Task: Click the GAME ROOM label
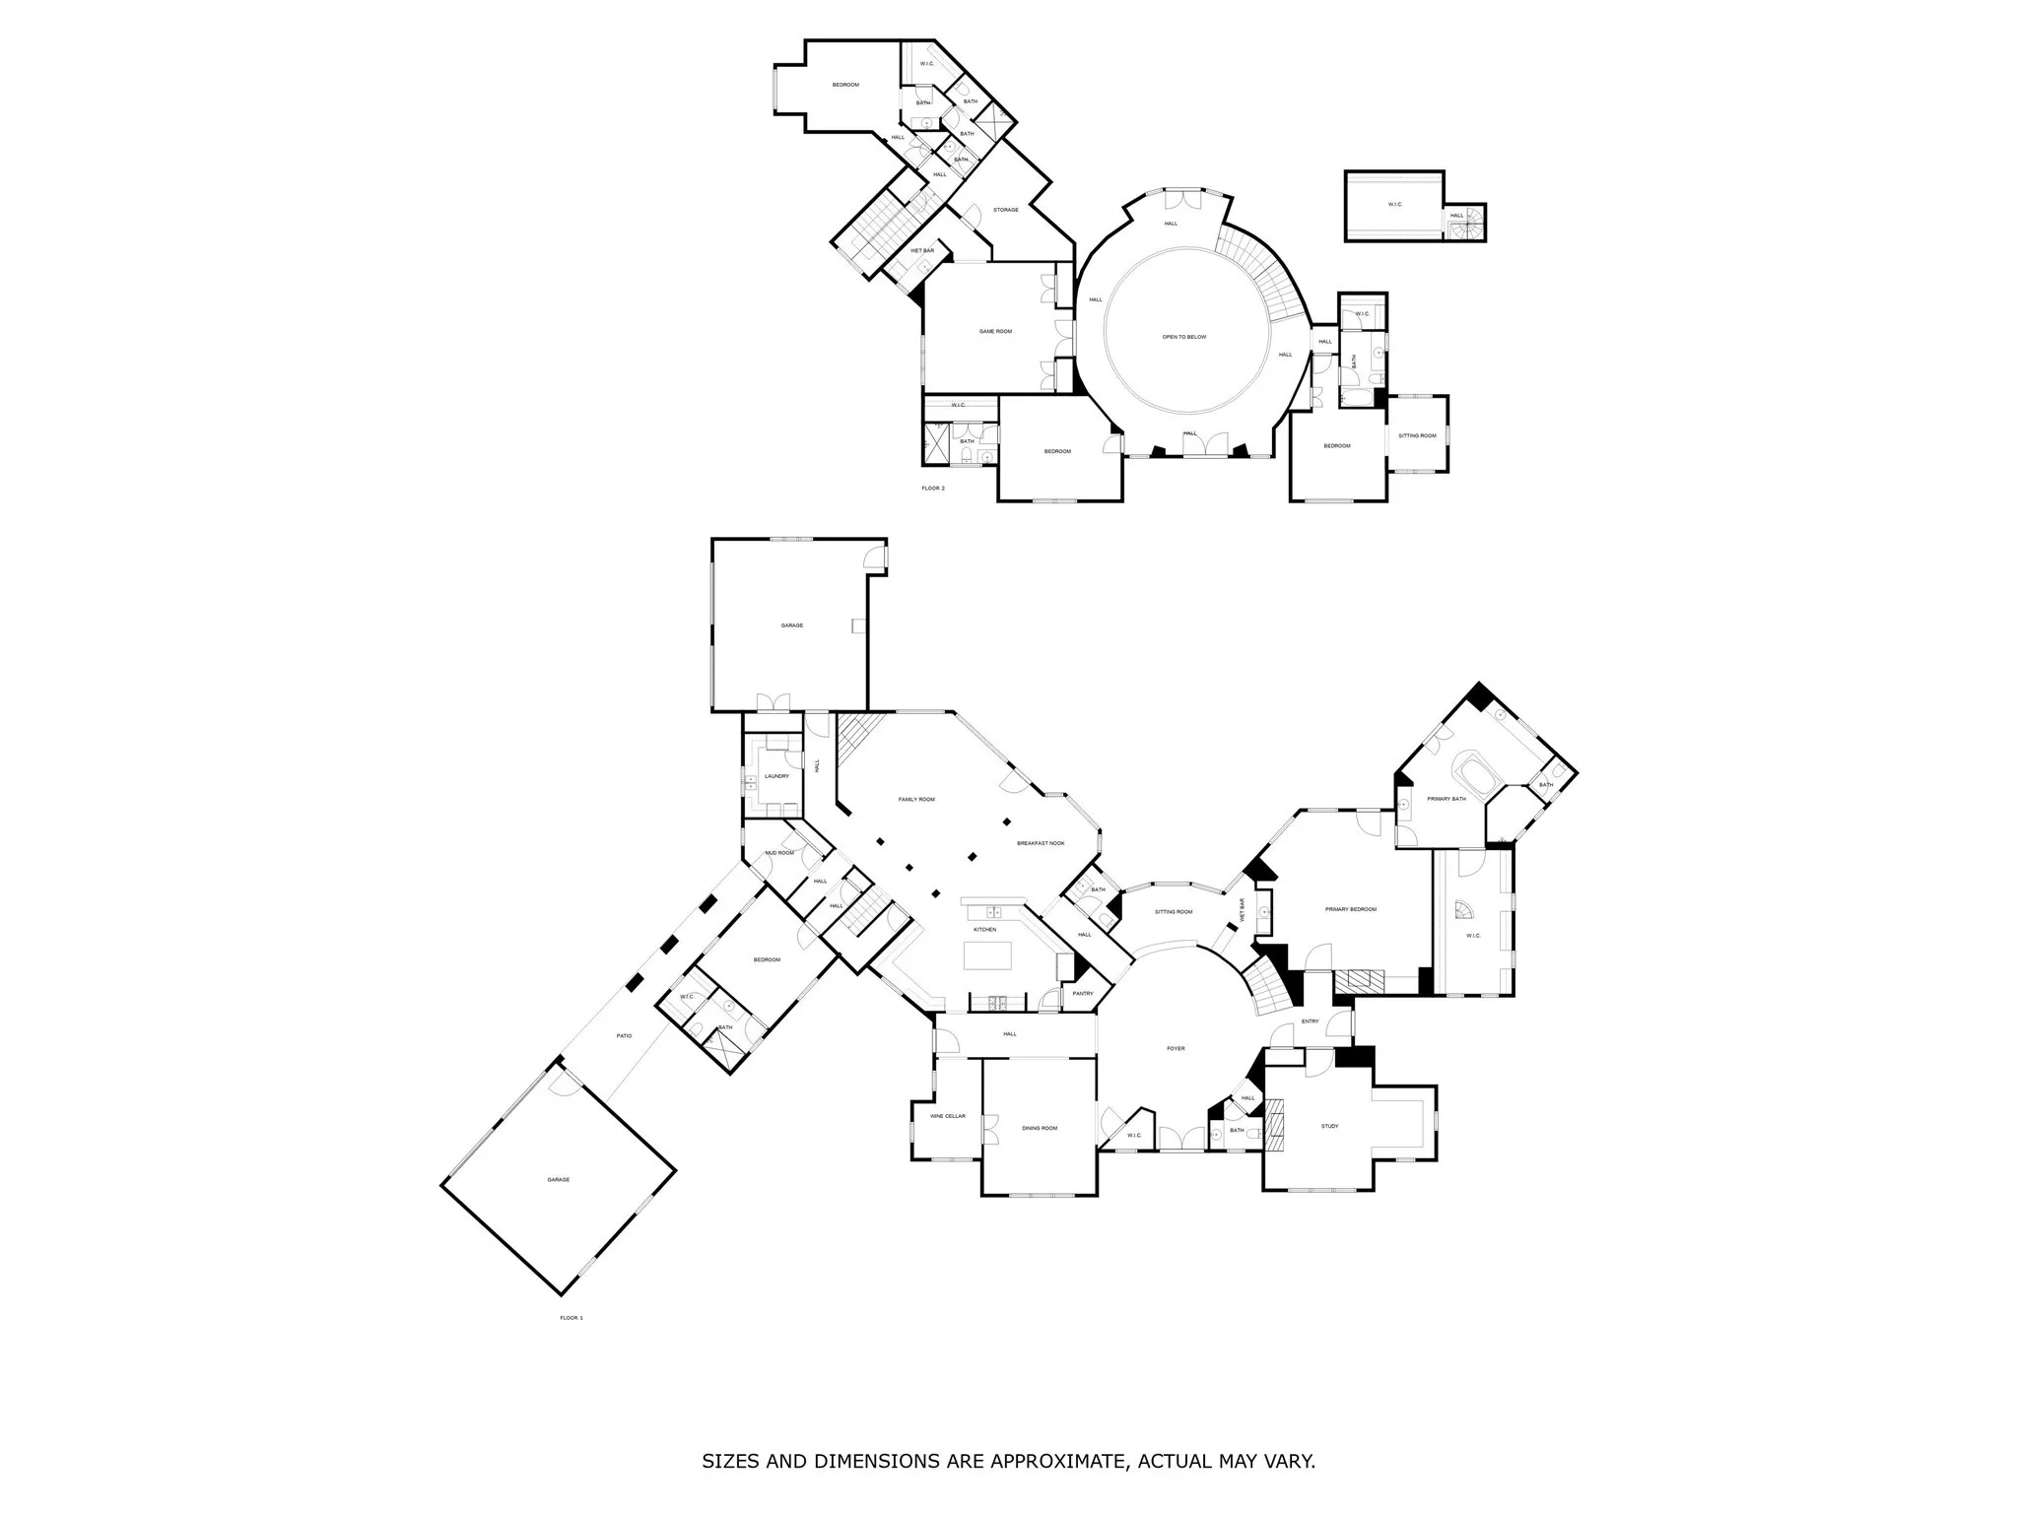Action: (x=995, y=332)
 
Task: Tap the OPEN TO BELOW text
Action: (x=1183, y=337)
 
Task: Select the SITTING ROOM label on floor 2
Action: (x=1417, y=435)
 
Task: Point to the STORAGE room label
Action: (x=1005, y=210)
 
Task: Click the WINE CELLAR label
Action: (x=947, y=1116)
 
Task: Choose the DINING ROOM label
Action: (x=1039, y=1128)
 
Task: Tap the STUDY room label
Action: (x=1329, y=1126)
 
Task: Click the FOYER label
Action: (x=1176, y=1048)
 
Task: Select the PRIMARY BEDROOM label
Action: (x=1350, y=909)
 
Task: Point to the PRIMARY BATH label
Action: (x=1446, y=799)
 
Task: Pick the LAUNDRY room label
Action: (x=776, y=776)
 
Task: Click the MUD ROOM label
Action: (x=778, y=853)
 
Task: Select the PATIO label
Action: (x=624, y=1036)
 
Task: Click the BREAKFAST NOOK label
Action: (x=1041, y=843)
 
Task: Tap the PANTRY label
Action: (x=1082, y=993)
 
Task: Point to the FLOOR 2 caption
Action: (x=932, y=489)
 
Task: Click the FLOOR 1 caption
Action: (x=572, y=1318)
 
